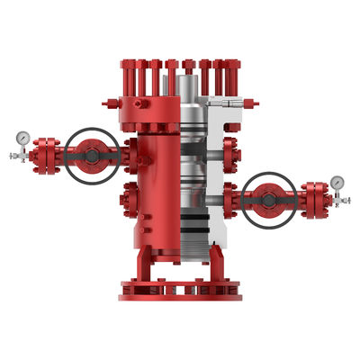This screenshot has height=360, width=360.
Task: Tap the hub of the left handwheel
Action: coord(92,154)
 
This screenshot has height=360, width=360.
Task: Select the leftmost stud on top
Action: coord(126,72)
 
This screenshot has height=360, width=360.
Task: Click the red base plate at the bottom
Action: coord(180,291)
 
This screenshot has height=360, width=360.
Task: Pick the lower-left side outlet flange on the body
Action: coord(129,194)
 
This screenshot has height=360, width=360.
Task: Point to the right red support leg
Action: coord(217,266)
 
